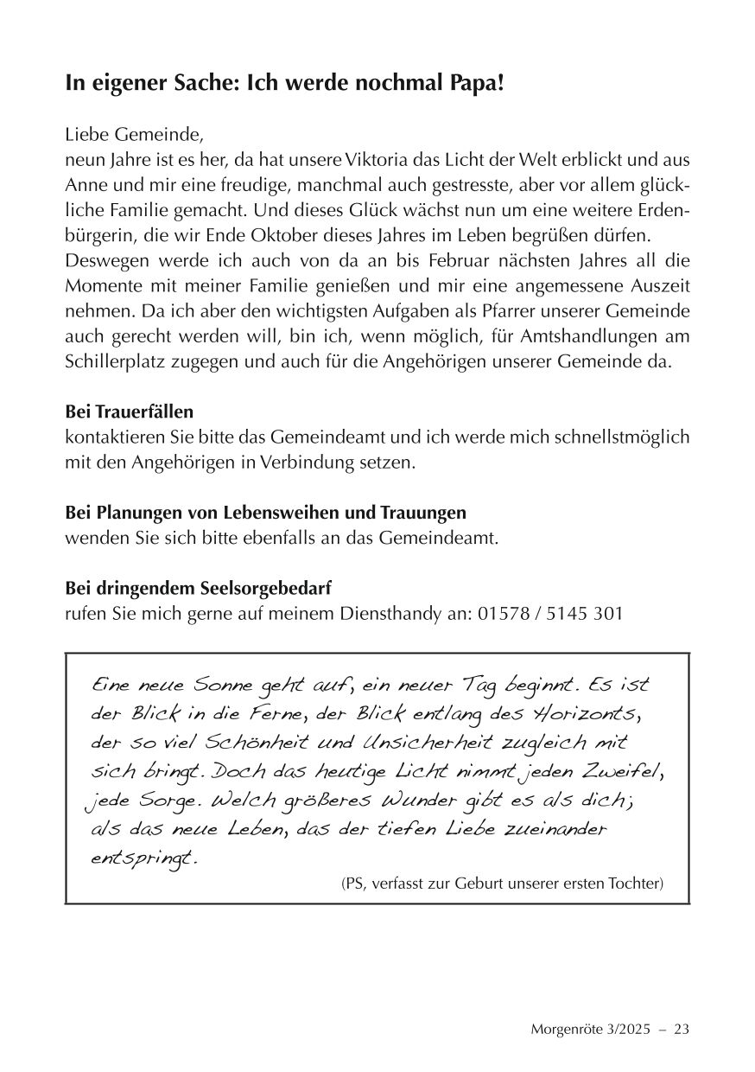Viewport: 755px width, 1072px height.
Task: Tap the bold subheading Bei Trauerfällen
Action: [x=130, y=412]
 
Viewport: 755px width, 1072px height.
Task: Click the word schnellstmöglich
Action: [x=615, y=437]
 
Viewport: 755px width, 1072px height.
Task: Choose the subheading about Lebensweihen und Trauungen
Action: [x=265, y=513]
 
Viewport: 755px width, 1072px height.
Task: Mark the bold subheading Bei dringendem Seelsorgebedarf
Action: [x=198, y=588]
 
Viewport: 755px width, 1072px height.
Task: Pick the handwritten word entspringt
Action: [x=143, y=859]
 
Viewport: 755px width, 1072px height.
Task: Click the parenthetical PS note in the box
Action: [x=502, y=883]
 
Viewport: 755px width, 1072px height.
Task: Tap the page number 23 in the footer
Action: [x=680, y=1029]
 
